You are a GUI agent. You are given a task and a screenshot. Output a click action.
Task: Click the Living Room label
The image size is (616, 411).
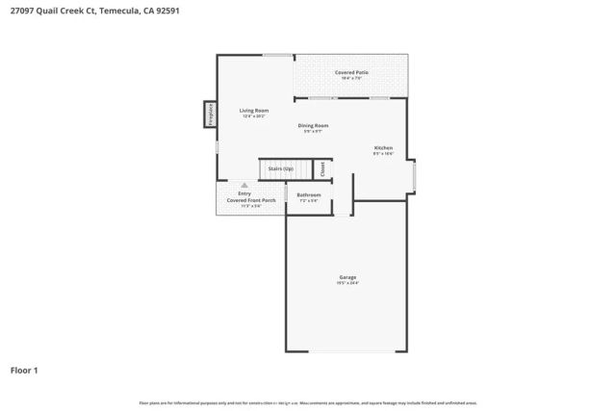coord(254,111)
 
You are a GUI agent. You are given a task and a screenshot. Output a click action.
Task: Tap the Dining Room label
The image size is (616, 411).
coord(313,125)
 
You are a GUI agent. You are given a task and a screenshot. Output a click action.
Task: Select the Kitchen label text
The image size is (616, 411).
coord(384,148)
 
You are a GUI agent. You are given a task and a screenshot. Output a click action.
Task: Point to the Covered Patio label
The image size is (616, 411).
coord(351,72)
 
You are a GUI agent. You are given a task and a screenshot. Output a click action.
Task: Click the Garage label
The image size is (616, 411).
coord(347,277)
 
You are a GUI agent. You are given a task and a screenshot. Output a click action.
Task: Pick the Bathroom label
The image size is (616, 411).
coord(308,194)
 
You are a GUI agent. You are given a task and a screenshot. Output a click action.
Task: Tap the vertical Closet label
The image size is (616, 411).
coord(322,168)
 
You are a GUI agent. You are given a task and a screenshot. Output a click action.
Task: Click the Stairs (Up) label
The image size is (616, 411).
coord(281,168)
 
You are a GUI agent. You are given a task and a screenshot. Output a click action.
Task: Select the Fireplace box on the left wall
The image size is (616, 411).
coord(209,115)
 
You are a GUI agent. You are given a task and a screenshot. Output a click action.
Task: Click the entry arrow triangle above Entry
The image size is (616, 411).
coord(244,185)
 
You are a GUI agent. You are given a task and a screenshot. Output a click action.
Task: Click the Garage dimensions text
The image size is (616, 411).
coord(347,283)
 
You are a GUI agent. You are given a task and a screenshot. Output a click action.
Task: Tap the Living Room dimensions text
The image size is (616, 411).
coord(254,116)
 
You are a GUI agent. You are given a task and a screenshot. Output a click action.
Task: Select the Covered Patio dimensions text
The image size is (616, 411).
coord(351,78)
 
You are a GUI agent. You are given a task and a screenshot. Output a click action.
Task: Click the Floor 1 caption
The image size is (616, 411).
coord(25,370)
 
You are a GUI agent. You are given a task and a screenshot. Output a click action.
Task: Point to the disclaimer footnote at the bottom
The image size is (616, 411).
coord(308,402)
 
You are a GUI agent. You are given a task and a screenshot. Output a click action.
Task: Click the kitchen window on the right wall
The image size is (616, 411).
coord(414,175)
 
